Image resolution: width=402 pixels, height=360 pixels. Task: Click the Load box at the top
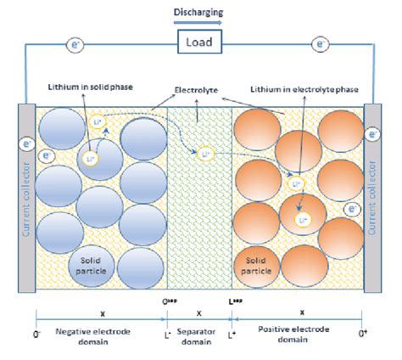[200, 41]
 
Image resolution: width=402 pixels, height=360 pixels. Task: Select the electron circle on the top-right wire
[321, 41]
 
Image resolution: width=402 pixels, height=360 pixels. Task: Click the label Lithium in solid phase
[87, 89]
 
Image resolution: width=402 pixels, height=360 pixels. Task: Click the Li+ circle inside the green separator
[204, 155]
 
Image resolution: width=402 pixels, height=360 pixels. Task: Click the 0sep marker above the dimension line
[170, 300]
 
